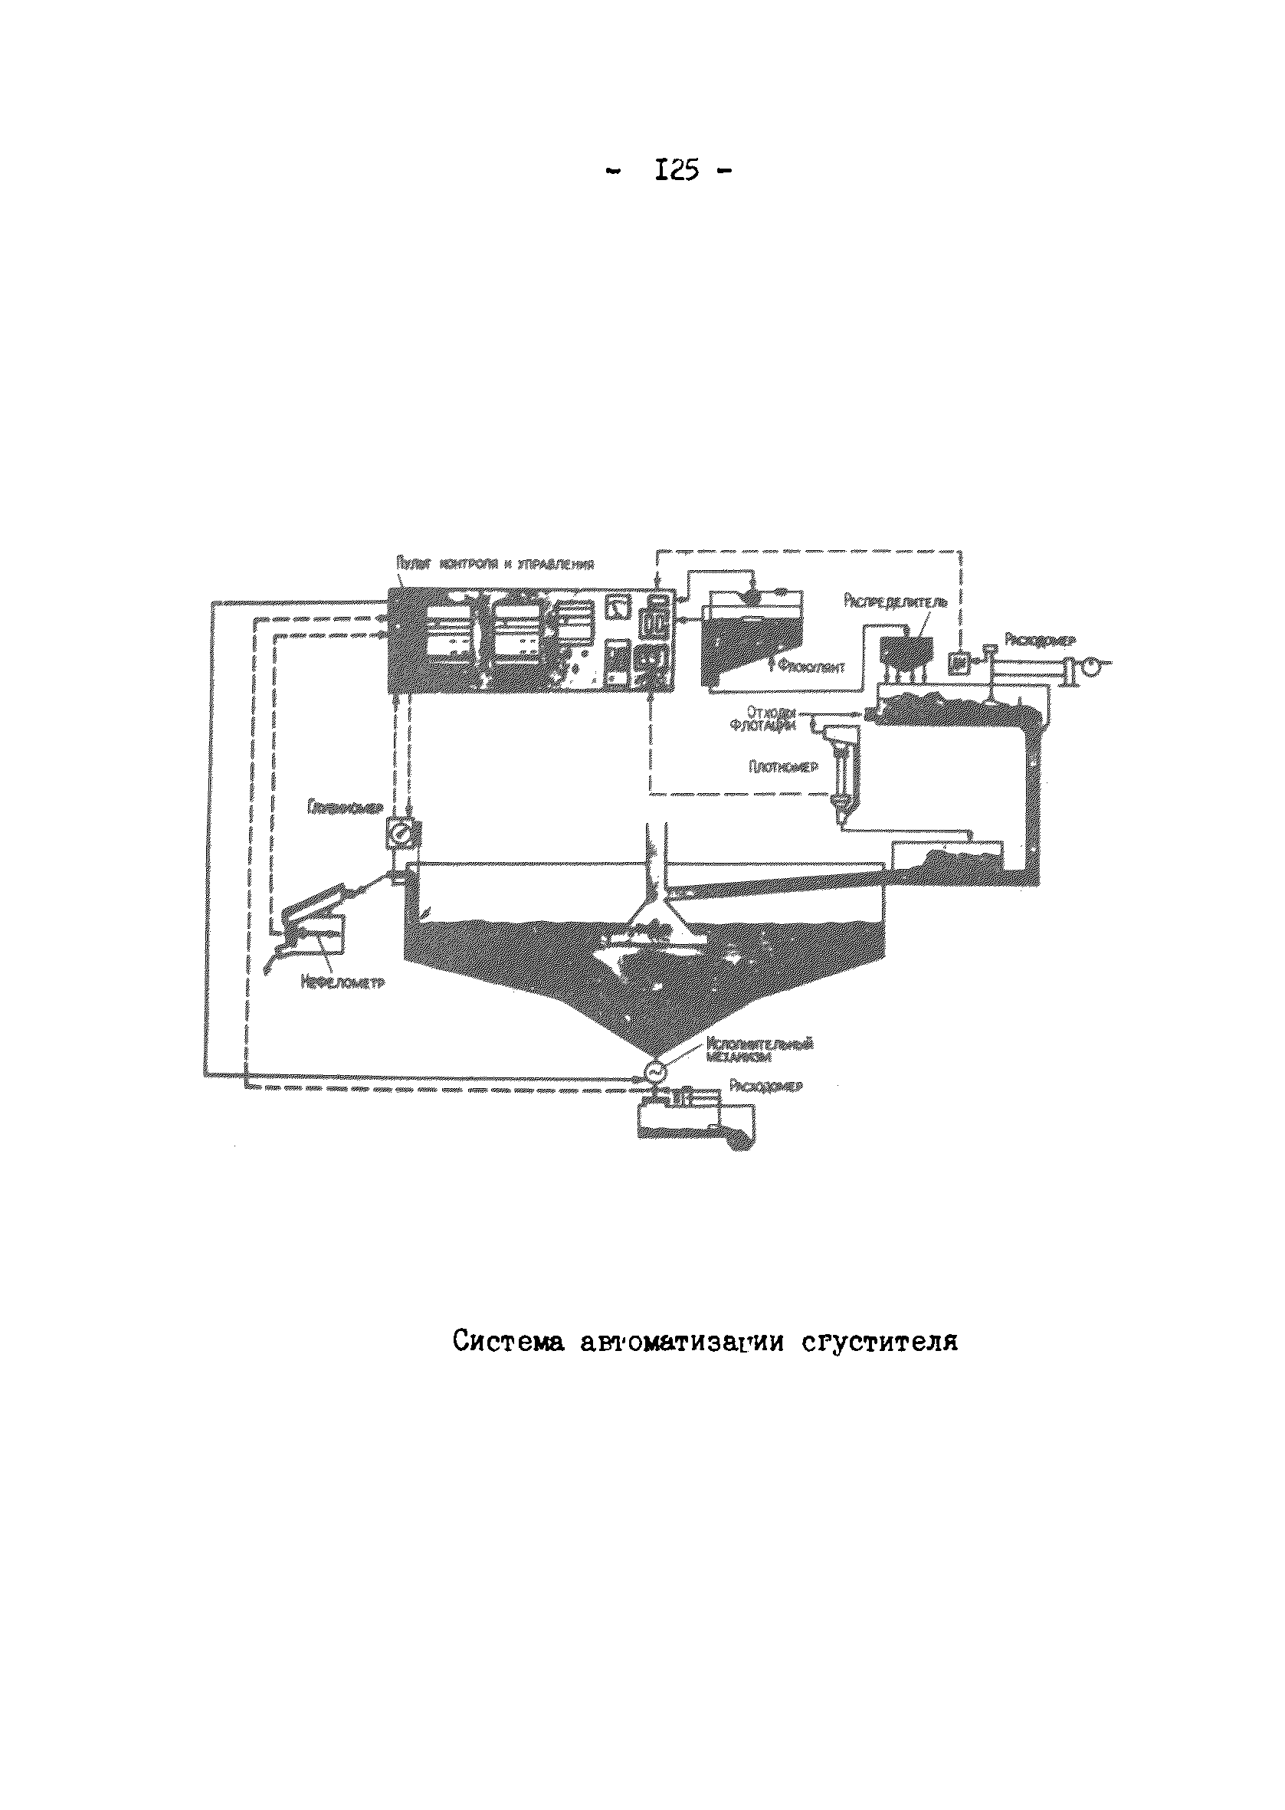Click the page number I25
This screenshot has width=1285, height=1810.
[677, 170]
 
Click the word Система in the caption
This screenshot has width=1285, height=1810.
[508, 1342]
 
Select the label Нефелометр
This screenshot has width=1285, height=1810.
[342, 983]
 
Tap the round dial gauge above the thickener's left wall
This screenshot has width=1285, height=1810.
[404, 834]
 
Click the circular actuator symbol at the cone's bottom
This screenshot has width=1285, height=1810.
[655, 1070]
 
